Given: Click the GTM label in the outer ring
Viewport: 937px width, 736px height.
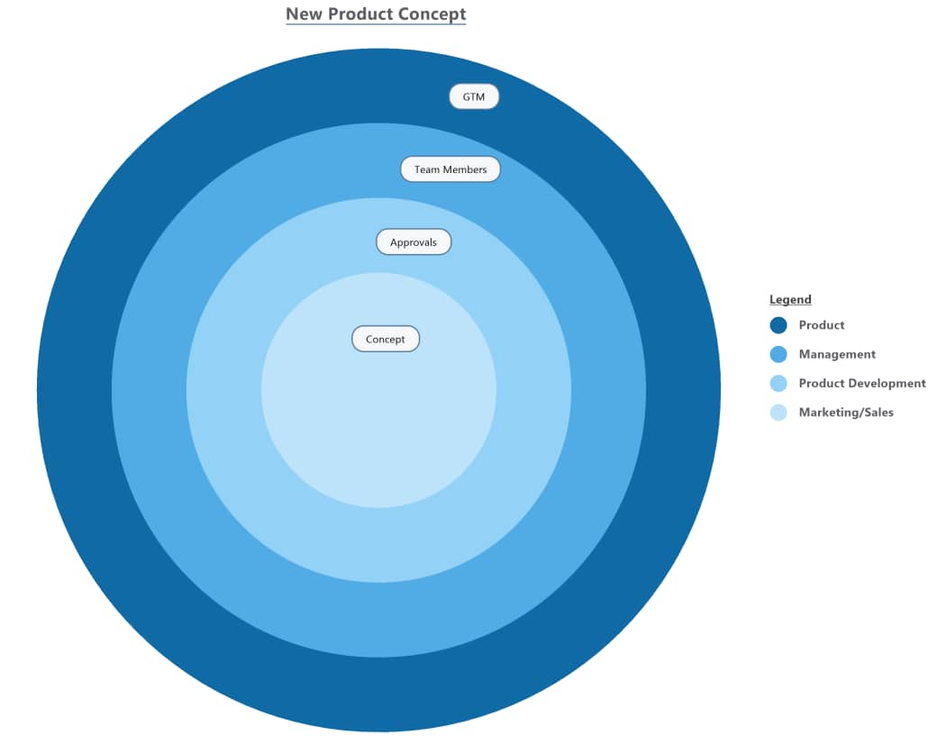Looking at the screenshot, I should (x=474, y=96).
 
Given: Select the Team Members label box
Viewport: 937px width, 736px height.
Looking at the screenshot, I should (x=450, y=169).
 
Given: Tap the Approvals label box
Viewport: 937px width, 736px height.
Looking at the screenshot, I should (x=414, y=242).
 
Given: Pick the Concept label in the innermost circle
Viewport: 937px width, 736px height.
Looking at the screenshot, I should (x=386, y=339).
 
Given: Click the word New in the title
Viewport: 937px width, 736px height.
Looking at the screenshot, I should (x=304, y=14).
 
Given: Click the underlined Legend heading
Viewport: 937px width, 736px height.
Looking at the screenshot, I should (x=790, y=299).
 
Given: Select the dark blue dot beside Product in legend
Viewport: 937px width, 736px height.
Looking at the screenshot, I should (x=778, y=325).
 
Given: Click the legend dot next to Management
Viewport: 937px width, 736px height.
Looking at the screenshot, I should (x=778, y=354).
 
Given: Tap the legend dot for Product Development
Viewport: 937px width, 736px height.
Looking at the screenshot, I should (x=778, y=384).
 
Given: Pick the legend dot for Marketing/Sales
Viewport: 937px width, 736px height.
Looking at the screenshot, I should (x=778, y=413).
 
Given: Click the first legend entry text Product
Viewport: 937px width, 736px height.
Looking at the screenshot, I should (x=822, y=325).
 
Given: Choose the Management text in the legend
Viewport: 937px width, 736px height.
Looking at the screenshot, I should (x=837, y=354).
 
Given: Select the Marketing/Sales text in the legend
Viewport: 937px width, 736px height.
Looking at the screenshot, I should (x=846, y=413).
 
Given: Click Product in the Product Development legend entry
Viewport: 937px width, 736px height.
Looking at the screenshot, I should (x=822, y=384).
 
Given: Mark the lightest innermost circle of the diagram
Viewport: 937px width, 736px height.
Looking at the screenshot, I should (x=378, y=423).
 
